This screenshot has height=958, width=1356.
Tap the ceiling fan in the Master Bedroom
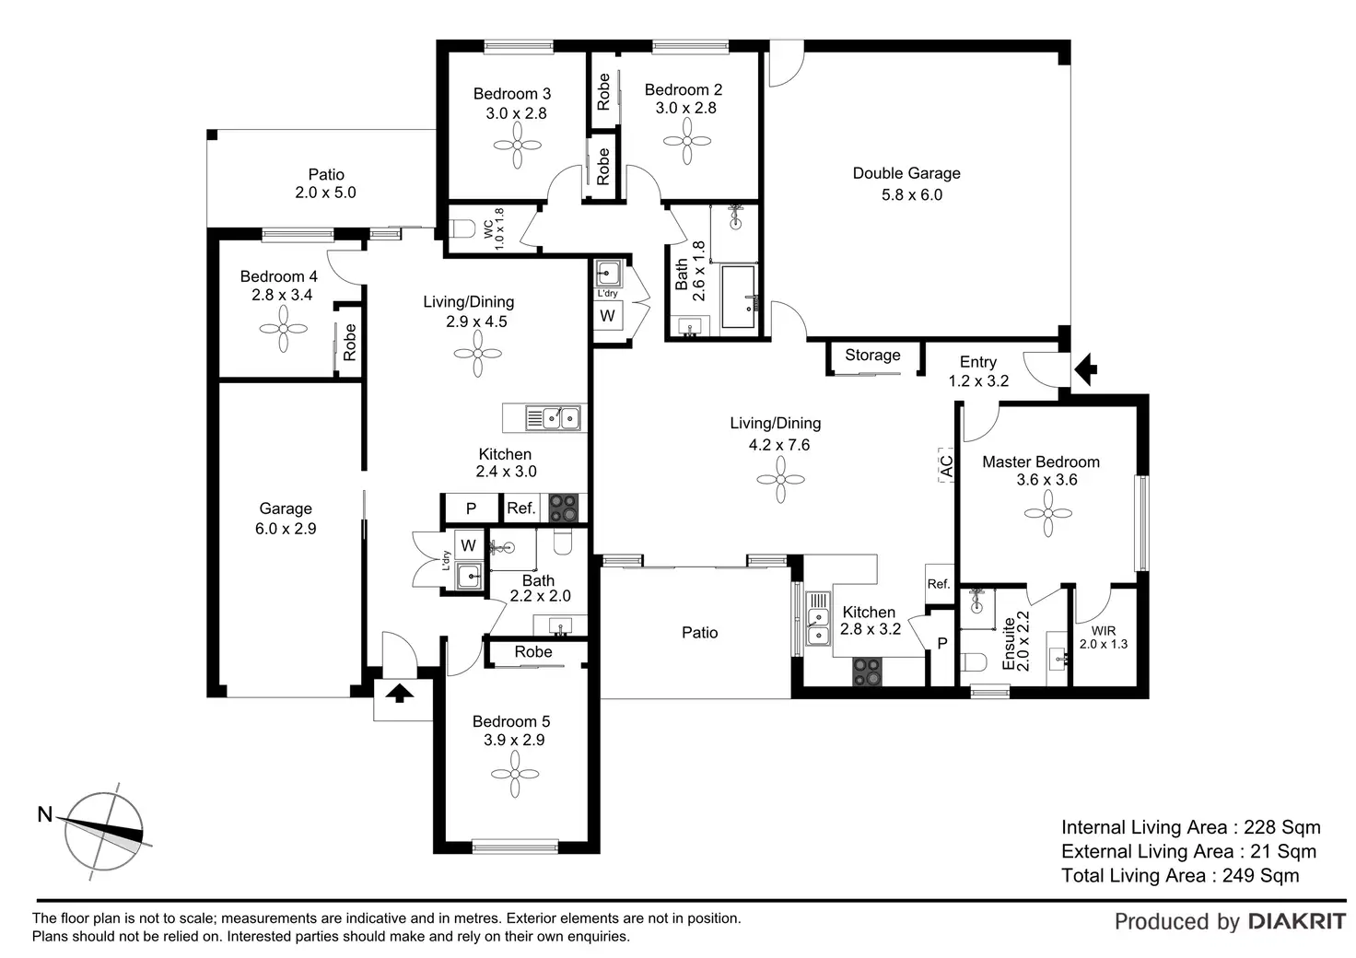[x=1047, y=513]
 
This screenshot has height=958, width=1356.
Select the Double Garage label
[x=906, y=173]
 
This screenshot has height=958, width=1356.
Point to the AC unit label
[x=946, y=464]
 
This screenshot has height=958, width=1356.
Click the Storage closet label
[x=872, y=355]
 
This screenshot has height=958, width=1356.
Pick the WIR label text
[x=1103, y=631]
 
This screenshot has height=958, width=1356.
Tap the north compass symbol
[x=104, y=831]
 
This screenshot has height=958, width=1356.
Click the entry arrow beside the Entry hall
[x=1087, y=369]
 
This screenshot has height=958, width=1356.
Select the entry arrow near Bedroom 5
[x=398, y=693]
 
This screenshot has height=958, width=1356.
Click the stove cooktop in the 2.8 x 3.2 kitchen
[x=868, y=672]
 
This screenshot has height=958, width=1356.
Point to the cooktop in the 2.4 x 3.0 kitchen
[x=563, y=508]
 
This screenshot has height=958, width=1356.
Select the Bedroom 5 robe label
[x=533, y=652]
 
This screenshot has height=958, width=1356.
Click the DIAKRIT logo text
[x=1297, y=921]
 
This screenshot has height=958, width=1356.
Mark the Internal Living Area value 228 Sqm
[x=1281, y=827]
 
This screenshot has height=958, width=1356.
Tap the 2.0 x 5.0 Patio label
[x=325, y=183]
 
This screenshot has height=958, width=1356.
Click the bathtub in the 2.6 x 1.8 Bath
[x=738, y=297]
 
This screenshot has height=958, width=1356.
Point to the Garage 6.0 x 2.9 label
[x=286, y=519]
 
